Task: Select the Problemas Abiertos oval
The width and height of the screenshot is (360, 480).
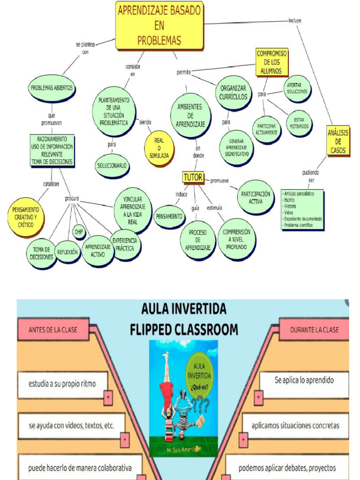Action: (52, 88)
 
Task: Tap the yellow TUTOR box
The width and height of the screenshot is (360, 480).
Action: (193, 177)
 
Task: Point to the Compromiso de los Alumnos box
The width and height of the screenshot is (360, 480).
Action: (272, 62)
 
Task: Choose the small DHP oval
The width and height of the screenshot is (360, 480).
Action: (79, 232)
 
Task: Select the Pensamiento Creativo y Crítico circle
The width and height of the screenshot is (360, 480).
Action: (26, 216)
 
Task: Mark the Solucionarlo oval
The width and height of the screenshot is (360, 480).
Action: (112, 165)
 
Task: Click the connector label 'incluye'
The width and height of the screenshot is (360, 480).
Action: (294, 21)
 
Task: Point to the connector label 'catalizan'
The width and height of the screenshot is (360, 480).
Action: (51, 184)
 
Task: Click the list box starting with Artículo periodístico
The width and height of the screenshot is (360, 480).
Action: (302, 209)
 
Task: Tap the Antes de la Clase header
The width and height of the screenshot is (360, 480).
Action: (53, 330)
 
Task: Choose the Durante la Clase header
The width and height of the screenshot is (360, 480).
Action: (314, 330)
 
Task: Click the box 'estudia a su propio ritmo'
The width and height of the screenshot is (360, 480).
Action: (62, 384)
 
